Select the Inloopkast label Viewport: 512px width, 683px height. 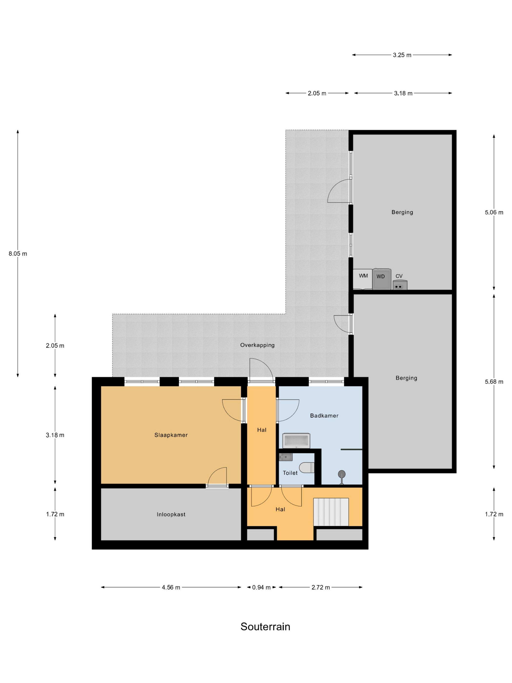171,514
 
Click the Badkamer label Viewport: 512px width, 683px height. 324,416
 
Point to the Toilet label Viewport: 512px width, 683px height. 290,473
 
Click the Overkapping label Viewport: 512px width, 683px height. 257,345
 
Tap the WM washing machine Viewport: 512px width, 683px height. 363,279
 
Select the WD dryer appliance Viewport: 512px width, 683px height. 382,279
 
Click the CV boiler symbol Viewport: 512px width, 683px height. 400,285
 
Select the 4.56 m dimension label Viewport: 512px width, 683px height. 171,587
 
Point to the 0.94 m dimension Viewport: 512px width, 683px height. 261,587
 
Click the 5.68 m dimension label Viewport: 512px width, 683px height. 494,382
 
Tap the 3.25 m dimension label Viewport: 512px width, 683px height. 402,55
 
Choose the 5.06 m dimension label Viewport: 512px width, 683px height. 494,212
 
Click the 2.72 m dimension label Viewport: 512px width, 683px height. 321,587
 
